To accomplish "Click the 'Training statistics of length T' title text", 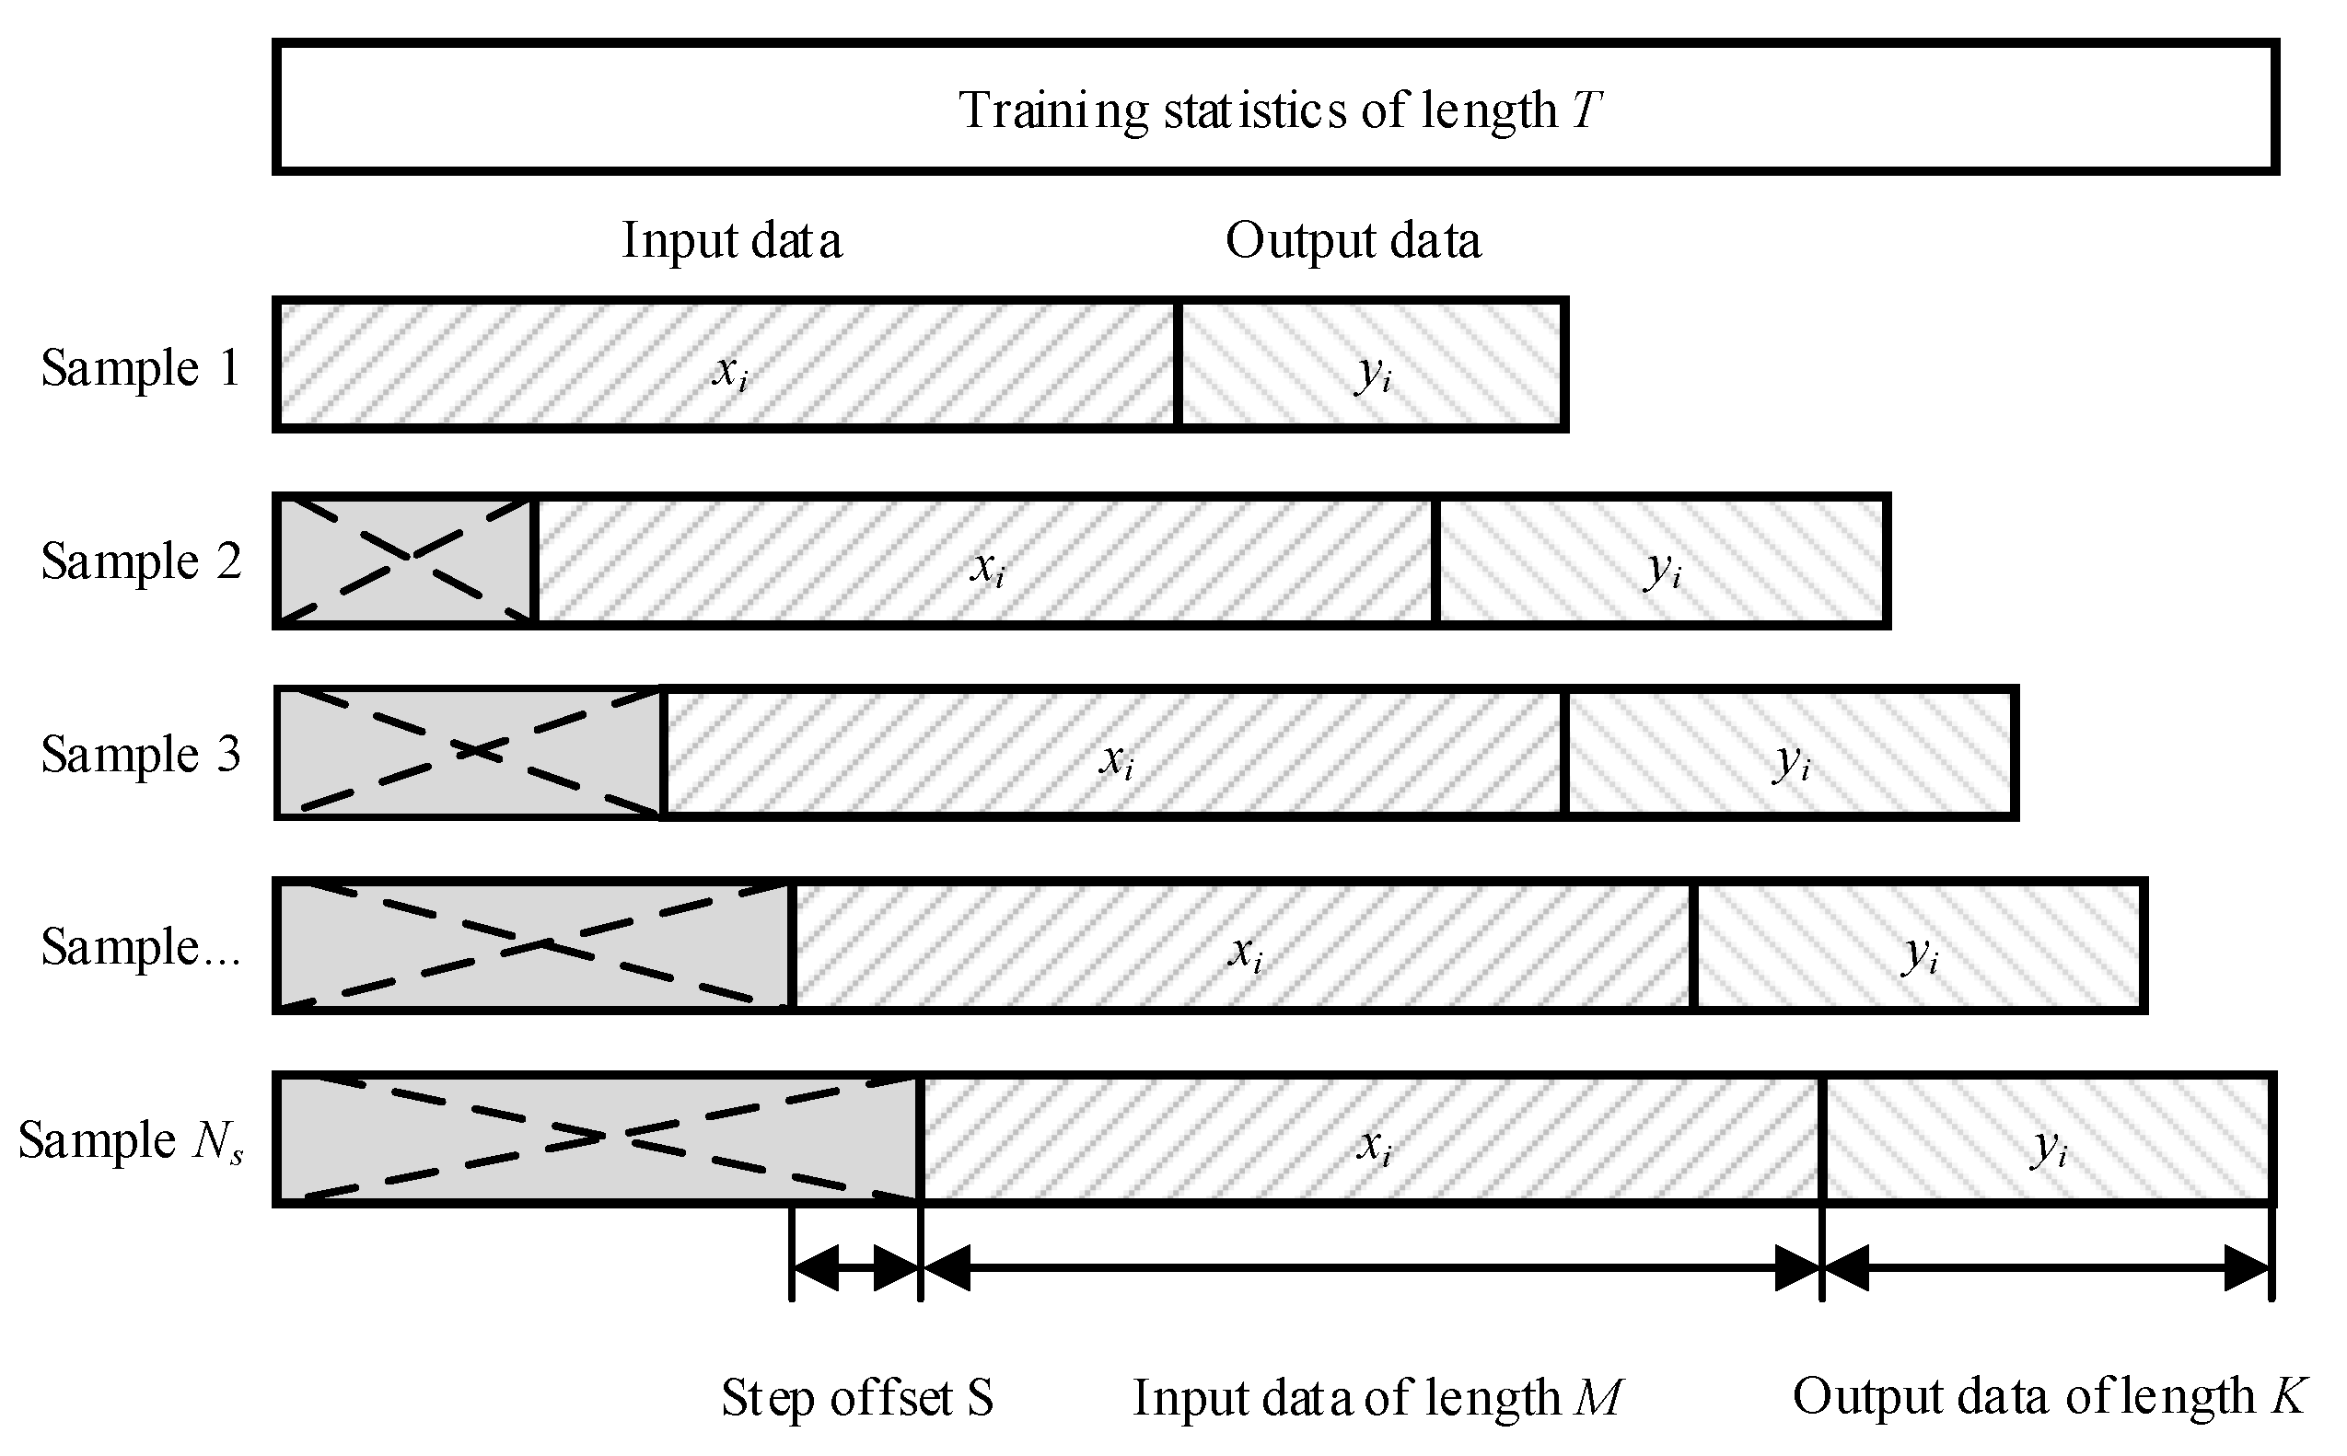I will point(1279,109).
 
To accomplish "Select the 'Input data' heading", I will point(731,240).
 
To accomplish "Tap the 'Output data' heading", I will point(1353,240).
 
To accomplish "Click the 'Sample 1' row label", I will point(141,367).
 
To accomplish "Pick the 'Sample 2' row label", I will point(141,560).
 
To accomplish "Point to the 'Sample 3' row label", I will point(141,753).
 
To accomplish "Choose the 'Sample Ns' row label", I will point(131,1140).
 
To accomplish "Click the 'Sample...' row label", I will point(141,947).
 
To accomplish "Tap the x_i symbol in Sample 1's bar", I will point(730,370).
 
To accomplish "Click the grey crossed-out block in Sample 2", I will point(405,560).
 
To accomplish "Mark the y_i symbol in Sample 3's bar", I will point(1791,761).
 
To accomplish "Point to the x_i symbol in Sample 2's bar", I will point(987,566).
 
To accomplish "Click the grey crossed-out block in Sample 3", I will point(469,753).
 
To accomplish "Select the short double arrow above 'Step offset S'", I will point(855,1267).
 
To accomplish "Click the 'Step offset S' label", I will point(856,1397).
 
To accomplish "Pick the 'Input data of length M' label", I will point(1377,1397).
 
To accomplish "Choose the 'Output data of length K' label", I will point(2050,1395).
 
